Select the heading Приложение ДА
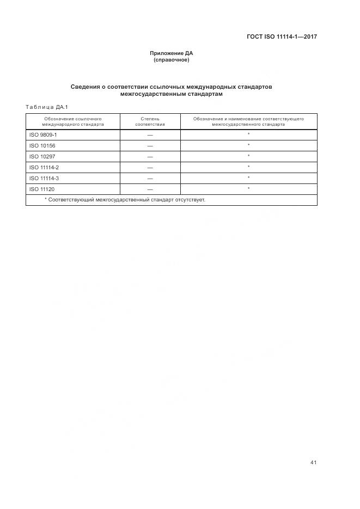pyautogui.click(x=172, y=53)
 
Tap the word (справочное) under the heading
pyautogui.click(x=172, y=59)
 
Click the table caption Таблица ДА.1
pyautogui.click(x=46, y=107)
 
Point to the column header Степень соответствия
pyautogui.click(x=150, y=121)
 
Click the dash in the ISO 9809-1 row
pyautogui.click(x=150, y=134)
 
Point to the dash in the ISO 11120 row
pyautogui.click(x=150, y=189)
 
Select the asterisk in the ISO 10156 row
pyautogui.click(x=248, y=145)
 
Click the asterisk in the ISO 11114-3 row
pyautogui.click(x=248, y=177)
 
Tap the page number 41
pyautogui.click(x=313, y=462)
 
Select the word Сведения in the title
pyautogui.click(x=87, y=87)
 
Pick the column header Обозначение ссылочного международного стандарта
pyautogui.click(x=74, y=121)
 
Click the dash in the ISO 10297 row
pyautogui.click(x=150, y=156)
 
